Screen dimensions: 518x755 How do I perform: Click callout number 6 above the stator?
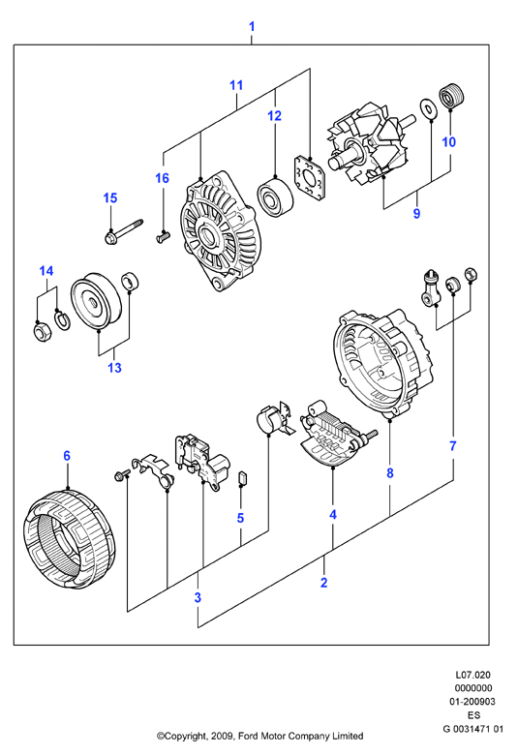tap(67, 456)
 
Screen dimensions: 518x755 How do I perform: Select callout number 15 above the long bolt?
tap(110, 197)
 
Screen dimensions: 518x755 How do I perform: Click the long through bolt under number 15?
tap(123, 230)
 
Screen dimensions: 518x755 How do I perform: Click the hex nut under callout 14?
tap(42, 332)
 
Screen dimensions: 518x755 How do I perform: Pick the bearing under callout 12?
tap(275, 197)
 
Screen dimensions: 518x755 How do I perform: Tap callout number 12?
tap(275, 115)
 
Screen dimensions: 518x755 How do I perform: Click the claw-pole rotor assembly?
tap(369, 142)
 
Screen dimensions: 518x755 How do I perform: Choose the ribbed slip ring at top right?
tap(450, 96)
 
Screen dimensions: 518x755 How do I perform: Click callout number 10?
tap(448, 142)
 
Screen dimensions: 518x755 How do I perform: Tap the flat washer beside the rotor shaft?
tap(426, 108)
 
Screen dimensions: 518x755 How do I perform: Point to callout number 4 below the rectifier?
tap(333, 515)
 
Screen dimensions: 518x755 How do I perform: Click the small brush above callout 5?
tap(243, 478)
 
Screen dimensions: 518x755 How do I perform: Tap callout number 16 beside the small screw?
tap(163, 178)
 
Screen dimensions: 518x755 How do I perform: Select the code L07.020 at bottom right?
tap(473, 675)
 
